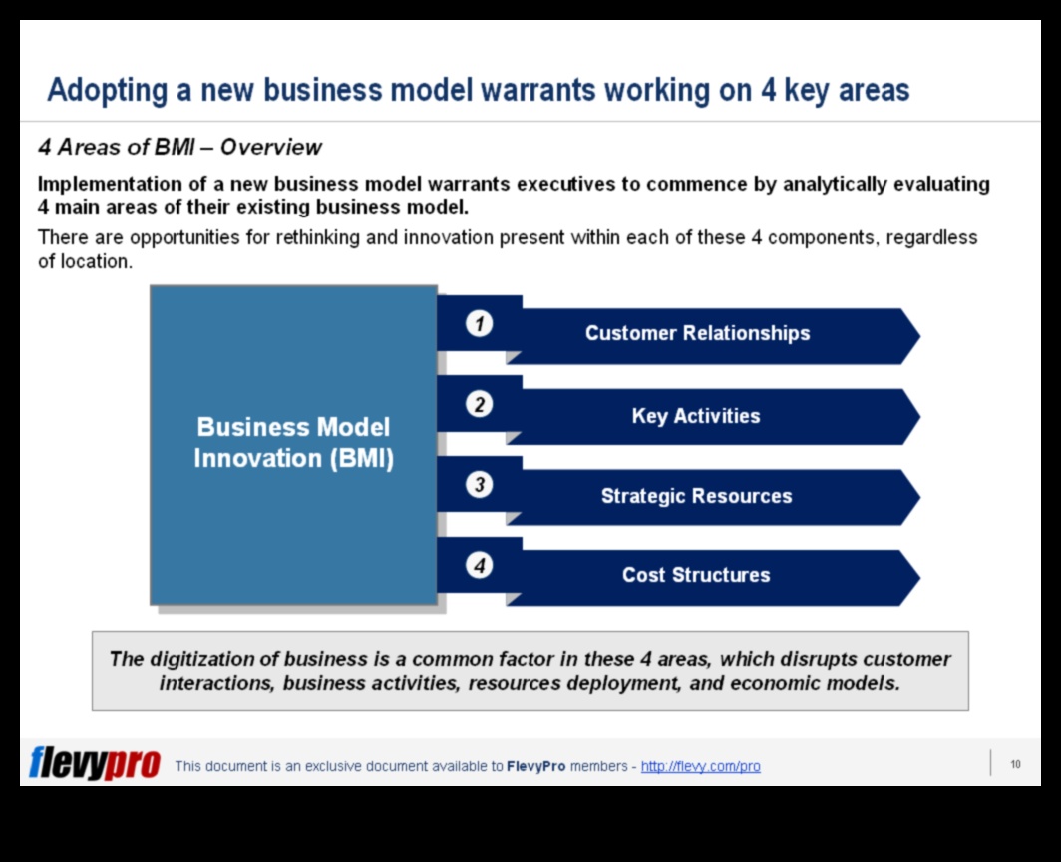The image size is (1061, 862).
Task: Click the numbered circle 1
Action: tap(479, 323)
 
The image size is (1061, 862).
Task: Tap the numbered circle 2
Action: tap(479, 404)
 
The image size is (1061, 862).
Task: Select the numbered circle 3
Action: tap(479, 485)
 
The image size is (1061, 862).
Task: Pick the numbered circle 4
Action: tap(479, 565)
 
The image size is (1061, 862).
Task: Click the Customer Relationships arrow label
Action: tap(697, 333)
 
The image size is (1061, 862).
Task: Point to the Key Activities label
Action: tap(696, 416)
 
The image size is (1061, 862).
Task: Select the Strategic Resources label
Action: tap(696, 496)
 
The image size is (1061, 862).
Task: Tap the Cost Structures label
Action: tap(696, 575)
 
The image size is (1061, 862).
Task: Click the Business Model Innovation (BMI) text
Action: tap(293, 443)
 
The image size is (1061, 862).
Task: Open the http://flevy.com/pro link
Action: tap(700, 766)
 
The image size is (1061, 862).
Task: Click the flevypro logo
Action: tap(94, 763)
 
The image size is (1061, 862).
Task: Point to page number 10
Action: tap(1015, 764)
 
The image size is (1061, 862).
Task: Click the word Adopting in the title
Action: tap(108, 90)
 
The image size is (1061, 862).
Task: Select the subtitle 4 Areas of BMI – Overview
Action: tap(179, 147)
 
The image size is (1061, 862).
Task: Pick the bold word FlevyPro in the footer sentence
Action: tap(535, 766)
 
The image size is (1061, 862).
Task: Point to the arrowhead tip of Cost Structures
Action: tap(920, 578)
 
